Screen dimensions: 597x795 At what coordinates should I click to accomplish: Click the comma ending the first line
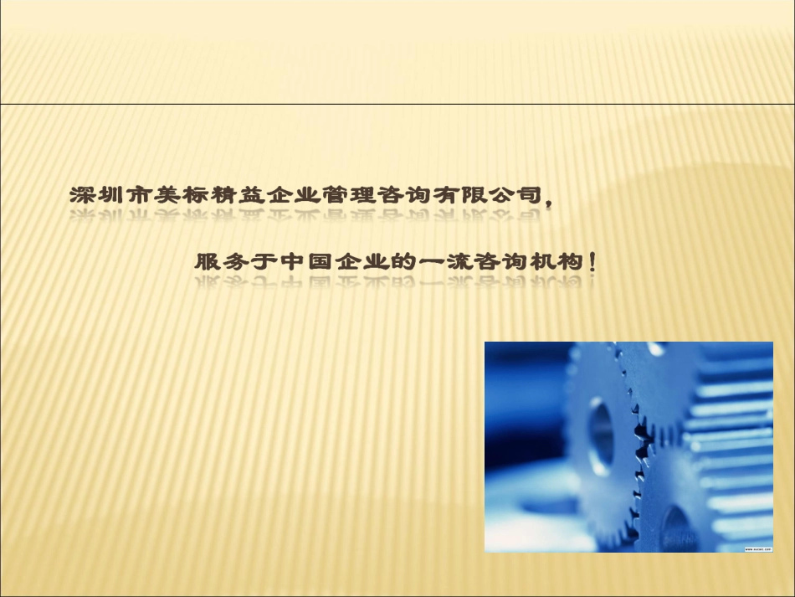pos(549,199)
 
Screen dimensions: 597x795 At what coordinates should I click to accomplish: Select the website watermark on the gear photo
pos(757,548)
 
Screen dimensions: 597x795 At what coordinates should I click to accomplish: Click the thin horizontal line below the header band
pos(397,104)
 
